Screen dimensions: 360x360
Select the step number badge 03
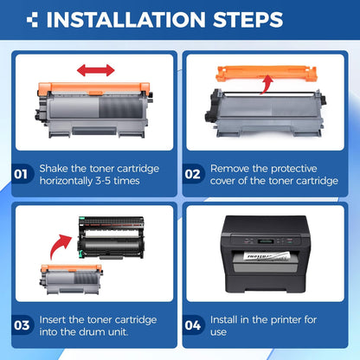click(23, 326)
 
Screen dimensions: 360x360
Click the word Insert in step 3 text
click(54, 319)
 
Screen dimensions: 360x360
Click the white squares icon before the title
click(32, 19)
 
